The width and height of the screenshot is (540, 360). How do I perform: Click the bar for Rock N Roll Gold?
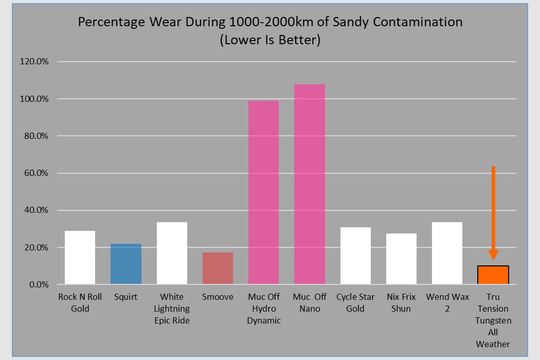pyautogui.click(x=80, y=258)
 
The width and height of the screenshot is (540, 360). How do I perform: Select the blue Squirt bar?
pyautogui.click(x=126, y=264)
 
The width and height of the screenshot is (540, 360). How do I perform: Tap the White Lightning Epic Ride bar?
pyautogui.click(x=172, y=253)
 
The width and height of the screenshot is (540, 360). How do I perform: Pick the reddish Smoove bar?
pyautogui.click(x=218, y=268)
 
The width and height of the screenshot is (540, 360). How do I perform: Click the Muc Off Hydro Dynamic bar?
pyautogui.click(x=263, y=192)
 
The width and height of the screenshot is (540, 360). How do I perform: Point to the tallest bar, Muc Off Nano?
pyautogui.click(x=310, y=184)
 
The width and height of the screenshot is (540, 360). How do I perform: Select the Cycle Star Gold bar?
pyautogui.click(x=355, y=256)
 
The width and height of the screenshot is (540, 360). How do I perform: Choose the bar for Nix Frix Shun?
pyautogui.click(x=401, y=259)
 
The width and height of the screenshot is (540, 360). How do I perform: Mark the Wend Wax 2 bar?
pyautogui.click(x=447, y=253)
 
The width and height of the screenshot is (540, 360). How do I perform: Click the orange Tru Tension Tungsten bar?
pyautogui.click(x=493, y=275)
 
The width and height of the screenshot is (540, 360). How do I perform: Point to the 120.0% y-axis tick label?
pyautogui.click(x=34, y=62)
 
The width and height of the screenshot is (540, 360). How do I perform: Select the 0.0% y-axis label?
pyautogui.click(x=38, y=284)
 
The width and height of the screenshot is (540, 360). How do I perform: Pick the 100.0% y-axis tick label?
pyautogui.click(x=34, y=99)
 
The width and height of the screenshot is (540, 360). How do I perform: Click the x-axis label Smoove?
pyautogui.click(x=218, y=297)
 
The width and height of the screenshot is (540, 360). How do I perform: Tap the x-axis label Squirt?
pyautogui.click(x=126, y=297)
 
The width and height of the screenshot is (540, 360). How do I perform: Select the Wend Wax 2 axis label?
pyautogui.click(x=447, y=302)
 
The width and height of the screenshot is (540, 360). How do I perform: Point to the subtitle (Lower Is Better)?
pyautogui.click(x=270, y=40)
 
